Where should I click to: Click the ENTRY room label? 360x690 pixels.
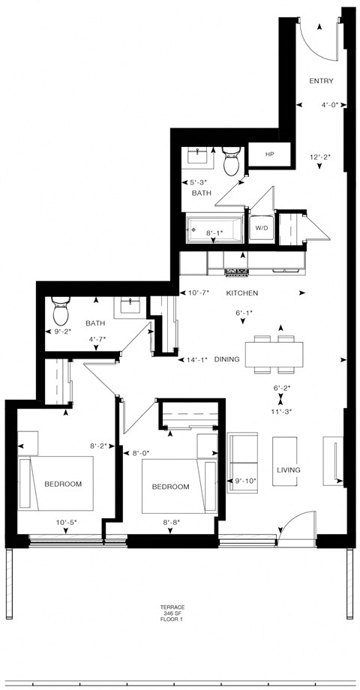coord(322,81)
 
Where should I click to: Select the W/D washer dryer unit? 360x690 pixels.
coord(261,228)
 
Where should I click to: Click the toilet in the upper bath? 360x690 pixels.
coord(231,159)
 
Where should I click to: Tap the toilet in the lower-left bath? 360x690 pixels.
coord(60,308)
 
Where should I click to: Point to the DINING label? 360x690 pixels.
coord(226,359)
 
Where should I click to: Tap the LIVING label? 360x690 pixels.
coord(288,470)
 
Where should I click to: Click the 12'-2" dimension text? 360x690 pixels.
coord(320,157)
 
